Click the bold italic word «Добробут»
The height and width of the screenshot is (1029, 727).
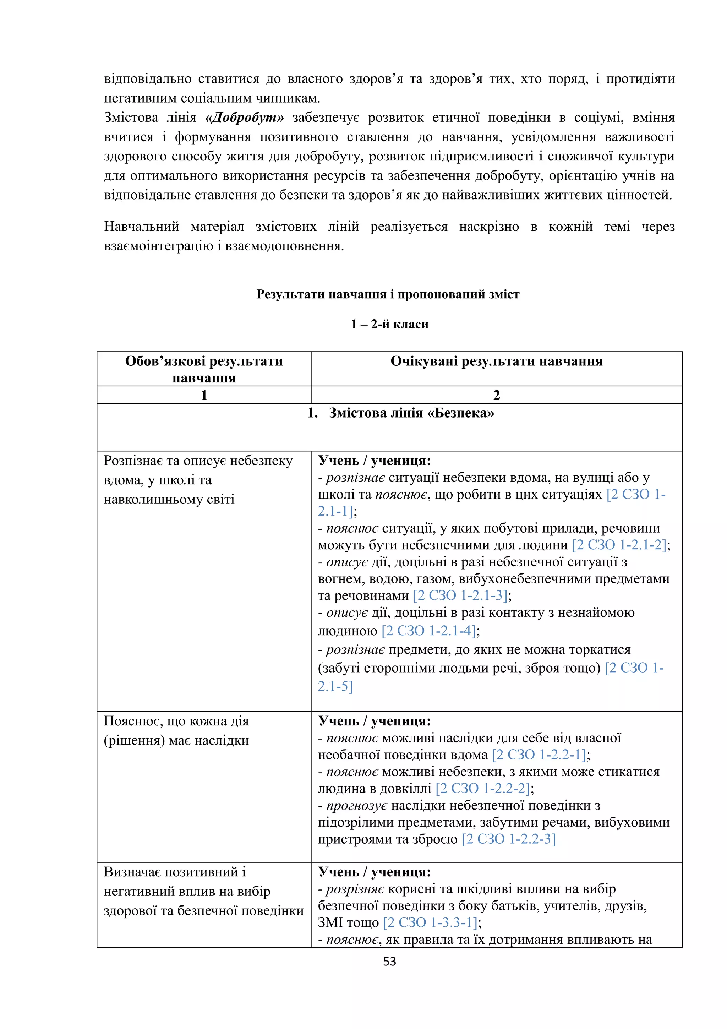(244, 118)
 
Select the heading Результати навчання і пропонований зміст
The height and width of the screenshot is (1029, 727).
(388, 294)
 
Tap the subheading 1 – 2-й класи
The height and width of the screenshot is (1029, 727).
(389, 324)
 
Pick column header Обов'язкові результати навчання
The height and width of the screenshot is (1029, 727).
(204, 369)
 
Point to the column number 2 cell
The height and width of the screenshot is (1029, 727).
(496, 395)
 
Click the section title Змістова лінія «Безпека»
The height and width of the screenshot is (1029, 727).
(411, 413)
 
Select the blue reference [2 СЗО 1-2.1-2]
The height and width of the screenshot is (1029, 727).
(619, 545)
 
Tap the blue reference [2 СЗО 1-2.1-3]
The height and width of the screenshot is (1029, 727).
(460, 595)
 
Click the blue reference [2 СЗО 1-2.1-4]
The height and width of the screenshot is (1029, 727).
(428, 631)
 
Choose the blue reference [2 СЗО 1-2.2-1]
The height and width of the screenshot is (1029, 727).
(539, 755)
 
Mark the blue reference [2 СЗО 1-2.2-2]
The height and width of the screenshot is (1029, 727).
(482, 788)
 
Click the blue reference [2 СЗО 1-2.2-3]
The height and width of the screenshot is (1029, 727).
(508, 839)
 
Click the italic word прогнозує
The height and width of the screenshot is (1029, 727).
(356, 805)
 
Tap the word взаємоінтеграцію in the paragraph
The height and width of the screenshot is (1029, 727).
(159, 246)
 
